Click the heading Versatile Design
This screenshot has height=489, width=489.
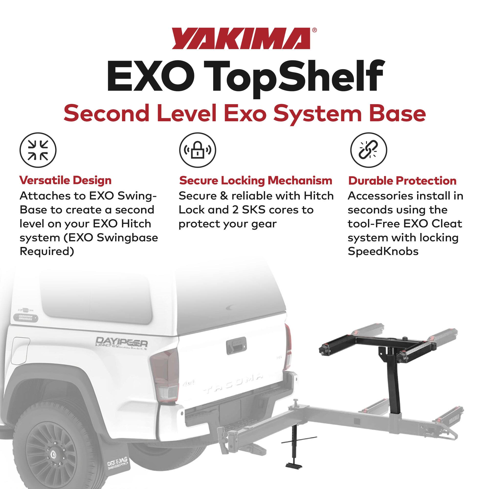65,180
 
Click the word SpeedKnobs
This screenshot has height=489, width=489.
383,251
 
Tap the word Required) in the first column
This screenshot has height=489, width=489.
47,251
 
